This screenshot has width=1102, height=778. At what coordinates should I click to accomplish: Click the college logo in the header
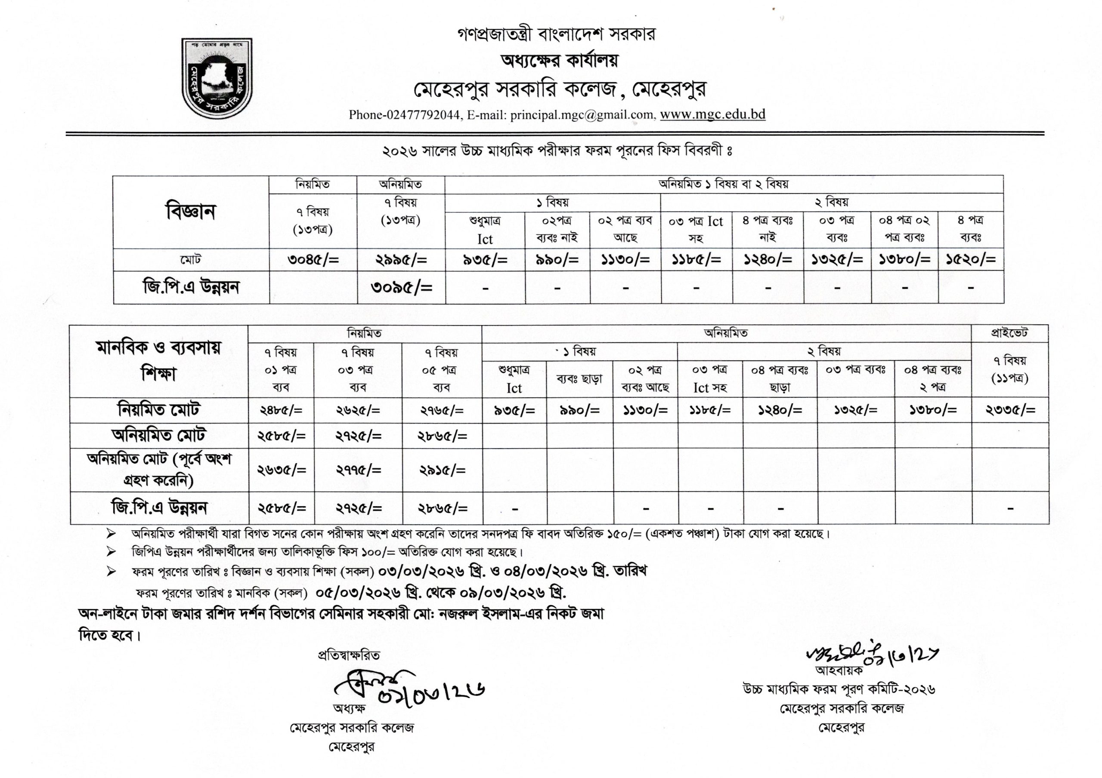click(x=217, y=79)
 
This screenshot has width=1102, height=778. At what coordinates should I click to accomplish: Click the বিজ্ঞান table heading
click(x=191, y=212)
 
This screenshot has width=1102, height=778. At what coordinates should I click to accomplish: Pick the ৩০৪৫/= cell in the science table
click(x=313, y=260)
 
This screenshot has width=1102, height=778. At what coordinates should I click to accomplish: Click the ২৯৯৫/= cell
click(x=401, y=260)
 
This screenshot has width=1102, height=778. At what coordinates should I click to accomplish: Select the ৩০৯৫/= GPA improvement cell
click(x=401, y=287)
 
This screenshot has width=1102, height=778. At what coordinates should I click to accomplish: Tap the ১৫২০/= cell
click(x=970, y=260)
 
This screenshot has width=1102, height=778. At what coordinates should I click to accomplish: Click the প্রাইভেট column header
click(x=1010, y=333)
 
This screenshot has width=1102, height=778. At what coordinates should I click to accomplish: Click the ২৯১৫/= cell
click(x=442, y=470)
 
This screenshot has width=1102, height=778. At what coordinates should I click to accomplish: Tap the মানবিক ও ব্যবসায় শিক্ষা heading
click(x=159, y=360)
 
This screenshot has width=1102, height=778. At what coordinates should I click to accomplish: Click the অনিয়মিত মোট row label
click(x=159, y=435)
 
